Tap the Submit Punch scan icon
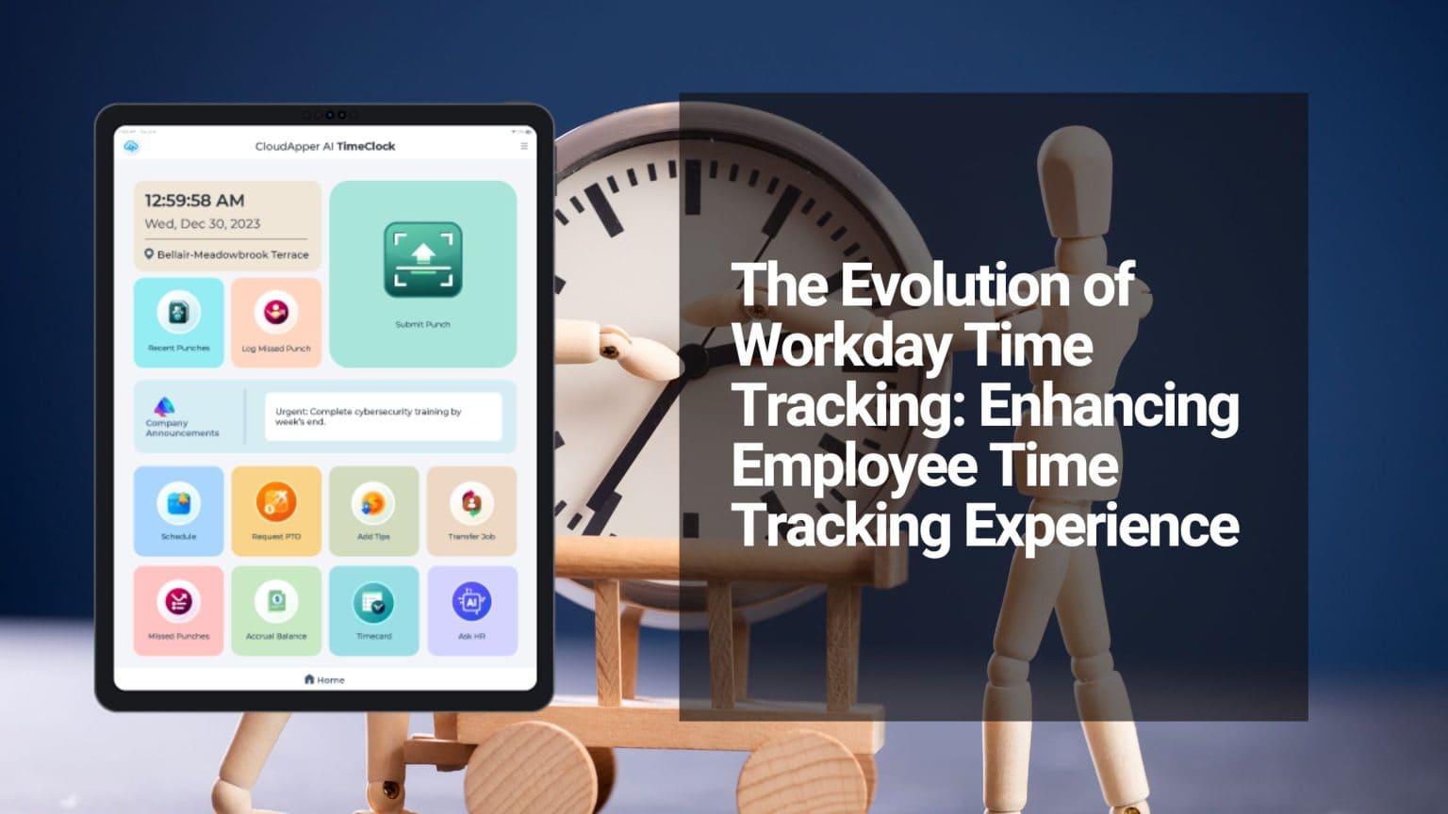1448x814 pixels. pyautogui.click(x=422, y=260)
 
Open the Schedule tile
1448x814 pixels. pyautogui.click(x=178, y=511)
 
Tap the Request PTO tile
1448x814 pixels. pyautogui.click(x=276, y=511)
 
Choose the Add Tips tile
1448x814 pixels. pyautogui.click(x=373, y=511)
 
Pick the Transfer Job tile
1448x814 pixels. pyautogui.click(x=471, y=511)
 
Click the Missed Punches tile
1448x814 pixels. pyautogui.click(x=178, y=610)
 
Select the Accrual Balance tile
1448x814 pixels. pyautogui.click(x=276, y=610)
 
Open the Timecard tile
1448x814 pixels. pyautogui.click(x=373, y=610)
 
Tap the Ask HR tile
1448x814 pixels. pyautogui.click(x=471, y=610)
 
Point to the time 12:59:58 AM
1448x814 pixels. pyautogui.click(x=194, y=201)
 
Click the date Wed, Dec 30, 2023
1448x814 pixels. pyautogui.click(x=202, y=224)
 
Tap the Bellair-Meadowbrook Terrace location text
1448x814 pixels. pyautogui.click(x=232, y=254)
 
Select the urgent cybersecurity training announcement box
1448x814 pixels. pyautogui.click(x=382, y=416)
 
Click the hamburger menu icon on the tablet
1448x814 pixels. pyautogui.click(x=524, y=146)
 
